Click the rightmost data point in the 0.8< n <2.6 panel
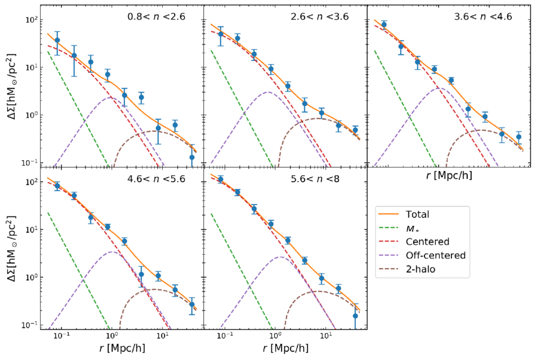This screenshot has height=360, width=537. point(192,157)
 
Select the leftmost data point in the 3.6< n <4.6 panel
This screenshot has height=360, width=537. point(384,25)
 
